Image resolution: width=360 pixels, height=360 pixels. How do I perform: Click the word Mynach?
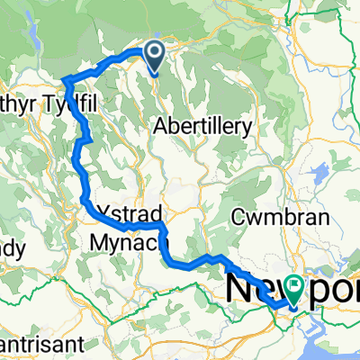tap(123, 241)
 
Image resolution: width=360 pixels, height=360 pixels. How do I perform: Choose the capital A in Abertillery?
tap(162, 128)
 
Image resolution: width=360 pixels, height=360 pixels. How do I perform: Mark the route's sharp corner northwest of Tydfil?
tap(65, 82)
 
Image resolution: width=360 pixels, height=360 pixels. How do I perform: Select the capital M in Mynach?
tap(98, 241)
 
